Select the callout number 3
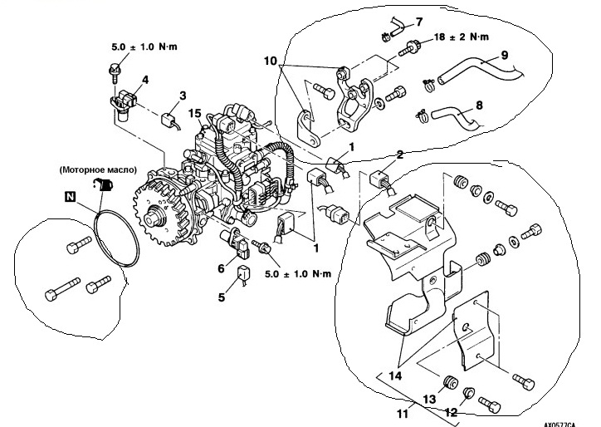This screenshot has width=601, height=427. [x=183, y=96]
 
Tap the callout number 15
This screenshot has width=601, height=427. [x=195, y=113]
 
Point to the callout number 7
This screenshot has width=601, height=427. [x=418, y=21]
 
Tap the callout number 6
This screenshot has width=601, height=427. [x=222, y=267]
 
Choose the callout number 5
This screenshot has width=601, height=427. [x=222, y=297]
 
